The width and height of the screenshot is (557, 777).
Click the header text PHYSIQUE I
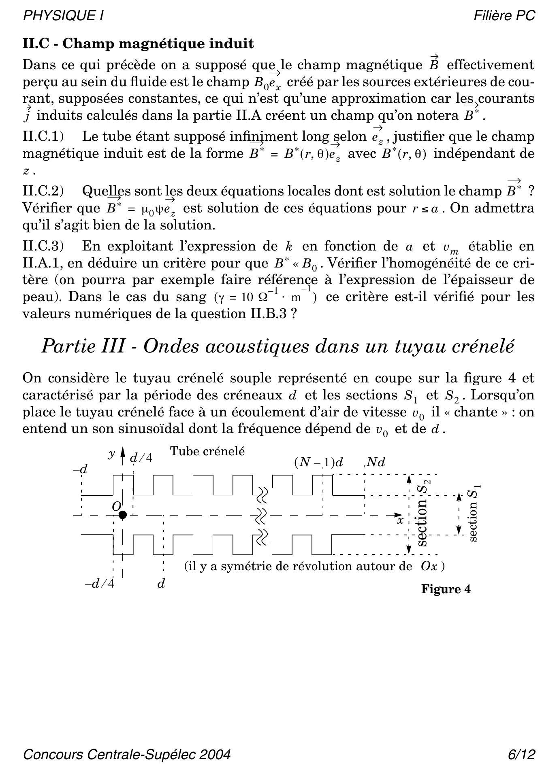coord(63,16)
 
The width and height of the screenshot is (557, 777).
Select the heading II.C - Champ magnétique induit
coord(138,43)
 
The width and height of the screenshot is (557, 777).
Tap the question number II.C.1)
coord(43,137)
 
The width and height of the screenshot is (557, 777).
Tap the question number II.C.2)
coord(43,191)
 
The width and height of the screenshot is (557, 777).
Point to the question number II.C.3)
coord(43,246)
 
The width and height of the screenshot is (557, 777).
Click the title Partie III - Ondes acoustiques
coord(278,346)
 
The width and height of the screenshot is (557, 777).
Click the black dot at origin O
coord(123,515)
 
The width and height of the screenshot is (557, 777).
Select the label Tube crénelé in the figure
coord(207,451)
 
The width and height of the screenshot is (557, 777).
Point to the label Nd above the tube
coord(376,463)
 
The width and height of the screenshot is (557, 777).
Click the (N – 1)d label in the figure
coord(319,463)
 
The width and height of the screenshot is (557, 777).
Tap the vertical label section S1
coord(474,514)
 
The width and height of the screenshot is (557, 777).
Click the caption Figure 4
coord(446,589)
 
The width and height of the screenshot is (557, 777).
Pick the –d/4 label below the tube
coord(99,584)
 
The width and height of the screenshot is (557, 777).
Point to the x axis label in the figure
coord(400,520)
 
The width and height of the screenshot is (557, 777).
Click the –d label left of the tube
coord(80,469)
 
